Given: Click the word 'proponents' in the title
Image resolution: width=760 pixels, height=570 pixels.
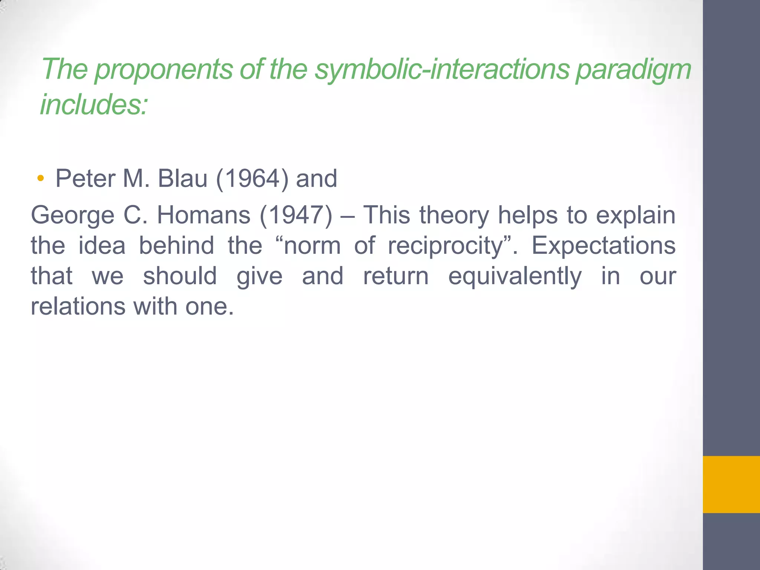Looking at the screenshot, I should click(x=163, y=69).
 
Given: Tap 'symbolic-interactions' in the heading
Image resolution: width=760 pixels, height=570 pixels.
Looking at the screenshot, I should click(x=442, y=69).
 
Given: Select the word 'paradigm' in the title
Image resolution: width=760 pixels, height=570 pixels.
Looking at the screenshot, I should click(x=633, y=69).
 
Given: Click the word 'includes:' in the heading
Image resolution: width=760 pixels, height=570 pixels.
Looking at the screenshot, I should click(x=94, y=104).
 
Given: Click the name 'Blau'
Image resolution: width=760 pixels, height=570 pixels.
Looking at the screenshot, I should click(x=182, y=178).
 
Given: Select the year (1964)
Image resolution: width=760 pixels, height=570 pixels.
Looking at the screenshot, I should click(x=252, y=178).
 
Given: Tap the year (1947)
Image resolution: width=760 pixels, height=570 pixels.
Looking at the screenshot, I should click(x=296, y=215).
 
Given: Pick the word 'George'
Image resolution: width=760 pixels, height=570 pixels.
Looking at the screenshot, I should click(x=73, y=215).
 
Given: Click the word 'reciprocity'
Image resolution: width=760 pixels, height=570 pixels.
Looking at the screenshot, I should click(x=445, y=246).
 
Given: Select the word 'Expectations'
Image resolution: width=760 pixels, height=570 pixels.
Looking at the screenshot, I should click(x=603, y=246).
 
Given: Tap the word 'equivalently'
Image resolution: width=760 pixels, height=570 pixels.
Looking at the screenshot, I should click(x=515, y=276).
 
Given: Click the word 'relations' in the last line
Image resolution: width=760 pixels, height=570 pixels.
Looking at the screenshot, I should click(x=78, y=307).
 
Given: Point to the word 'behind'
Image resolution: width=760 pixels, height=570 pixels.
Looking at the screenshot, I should click(x=177, y=246).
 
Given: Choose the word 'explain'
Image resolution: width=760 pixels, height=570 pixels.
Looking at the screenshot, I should click(x=636, y=215).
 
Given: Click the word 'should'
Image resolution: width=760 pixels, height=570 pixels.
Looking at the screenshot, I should click(x=180, y=276).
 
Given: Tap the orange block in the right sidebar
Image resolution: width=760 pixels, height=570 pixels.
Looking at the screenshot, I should click(x=731, y=484).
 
